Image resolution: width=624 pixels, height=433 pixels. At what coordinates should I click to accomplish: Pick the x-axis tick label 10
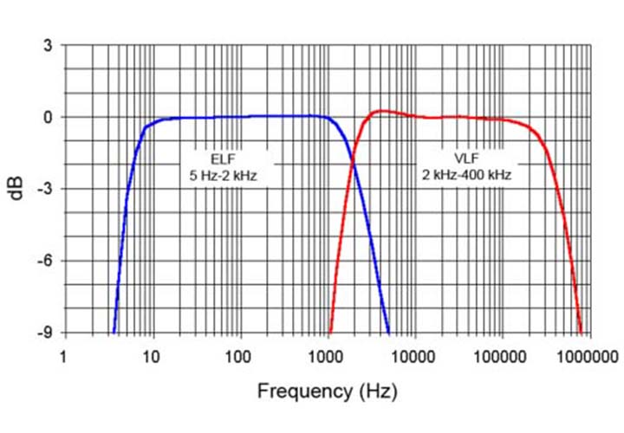pyautogui.click(x=152, y=355)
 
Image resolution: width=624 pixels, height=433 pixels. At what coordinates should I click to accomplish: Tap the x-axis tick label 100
pyautogui.click(x=239, y=355)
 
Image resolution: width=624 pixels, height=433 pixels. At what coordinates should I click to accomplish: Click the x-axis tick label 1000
pyautogui.click(x=327, y=355)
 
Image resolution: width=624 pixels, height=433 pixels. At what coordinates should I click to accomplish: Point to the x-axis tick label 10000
pyautogui.click(x=413, y=355)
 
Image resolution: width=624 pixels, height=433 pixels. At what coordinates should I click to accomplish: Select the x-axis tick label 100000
pyautogui.click(x=501, y=355)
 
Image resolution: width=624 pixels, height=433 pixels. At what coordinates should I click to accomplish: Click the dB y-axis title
pyautogui.click(x=17, y=189)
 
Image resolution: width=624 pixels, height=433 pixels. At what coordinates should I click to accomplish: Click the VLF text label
pyautogui.click(x=465, y=158)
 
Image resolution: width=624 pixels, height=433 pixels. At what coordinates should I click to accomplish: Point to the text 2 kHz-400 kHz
pyautogui.click(x=465, y=175)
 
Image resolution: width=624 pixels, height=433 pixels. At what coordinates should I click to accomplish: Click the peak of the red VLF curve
pyautogui.click(x=380, y=111)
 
